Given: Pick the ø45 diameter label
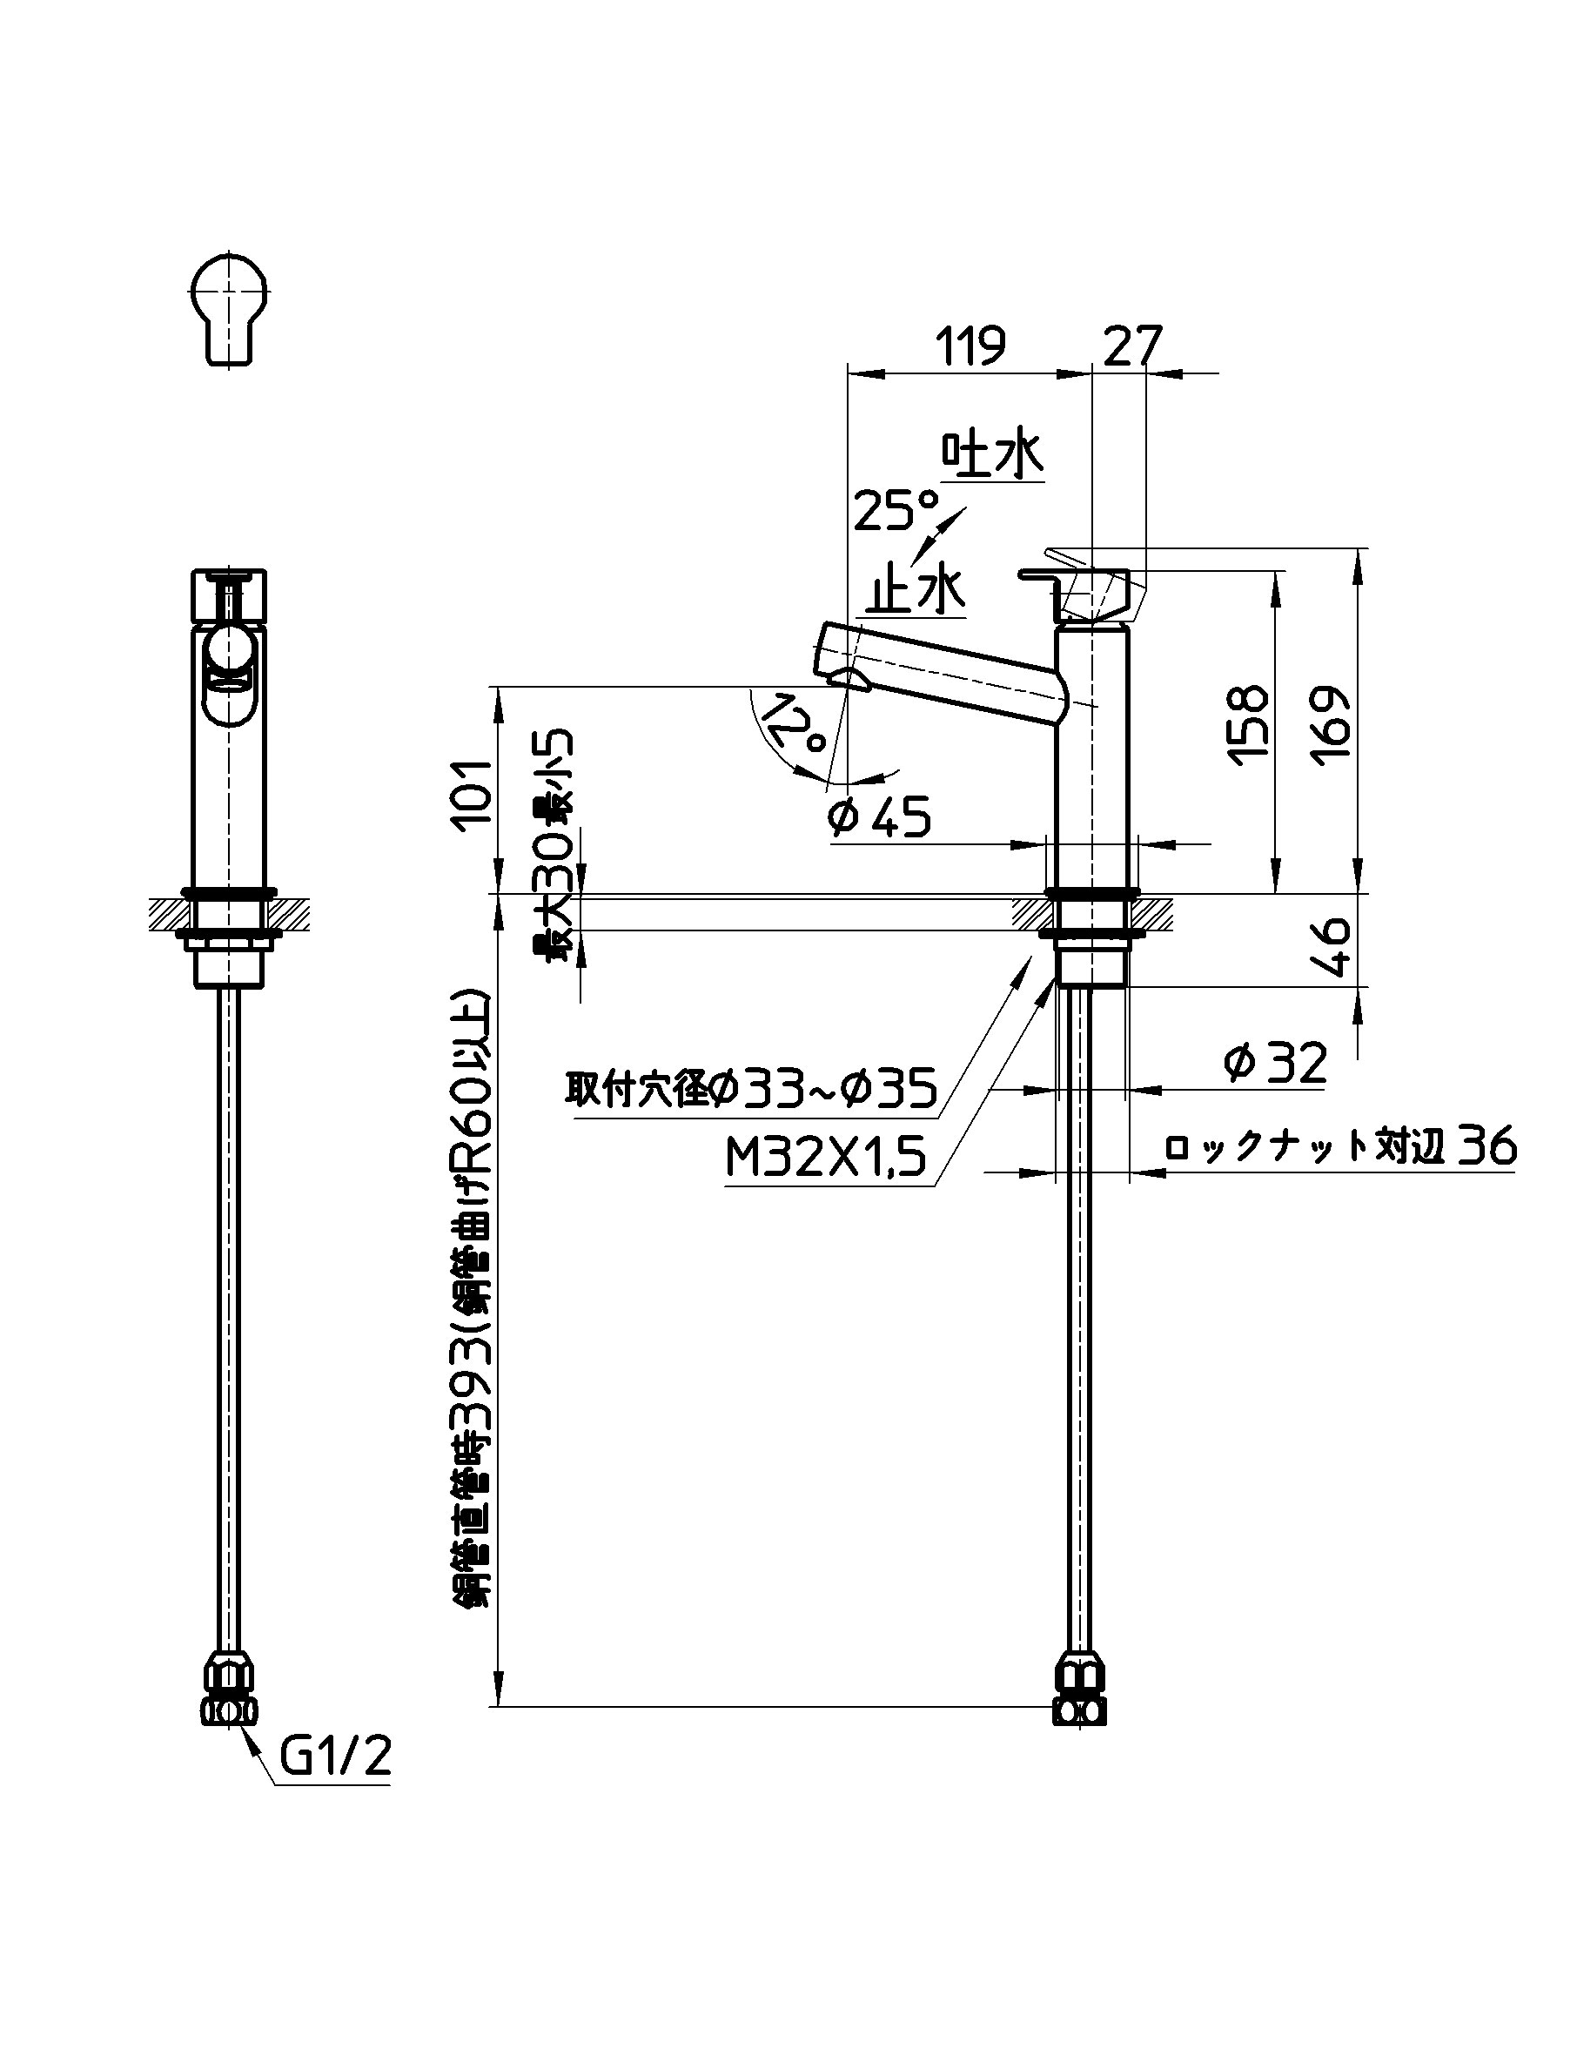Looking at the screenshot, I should click(x=879, y=816).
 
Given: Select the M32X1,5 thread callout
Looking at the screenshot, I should click(x=826, y=1158).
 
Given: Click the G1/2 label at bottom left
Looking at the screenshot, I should click(x=336, y=1757).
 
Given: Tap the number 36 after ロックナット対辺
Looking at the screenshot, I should click(x=1488, y=1146).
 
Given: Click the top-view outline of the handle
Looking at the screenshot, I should click(x=230, y=306).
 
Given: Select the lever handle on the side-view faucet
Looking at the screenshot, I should click(x=1079, y=588).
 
